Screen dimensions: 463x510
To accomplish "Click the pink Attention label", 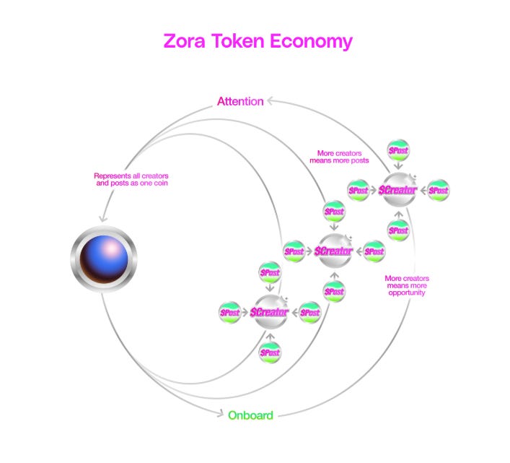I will pyautogui.click(x=239, y=102).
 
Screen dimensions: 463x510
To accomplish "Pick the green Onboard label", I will pyautogui.click(x=250, y=415).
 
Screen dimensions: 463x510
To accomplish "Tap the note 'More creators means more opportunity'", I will pyautogui.click(x=407, y=285).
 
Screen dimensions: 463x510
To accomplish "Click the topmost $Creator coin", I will pyautogui.click(x=398, y=190).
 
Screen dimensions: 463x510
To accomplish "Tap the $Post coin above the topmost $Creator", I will pyautogui.click(x=398, y=150).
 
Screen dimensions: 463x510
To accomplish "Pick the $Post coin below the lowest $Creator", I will pyautogui.click(x=269, y=352).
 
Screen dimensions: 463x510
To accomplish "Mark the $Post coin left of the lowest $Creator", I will pyautogui.click(x=230, y=313).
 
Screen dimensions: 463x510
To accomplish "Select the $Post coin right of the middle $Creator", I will pyautogui.click(x=373, y=251).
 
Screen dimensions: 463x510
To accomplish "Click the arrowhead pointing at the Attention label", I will pyautogui.click(x=269, y=102).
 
